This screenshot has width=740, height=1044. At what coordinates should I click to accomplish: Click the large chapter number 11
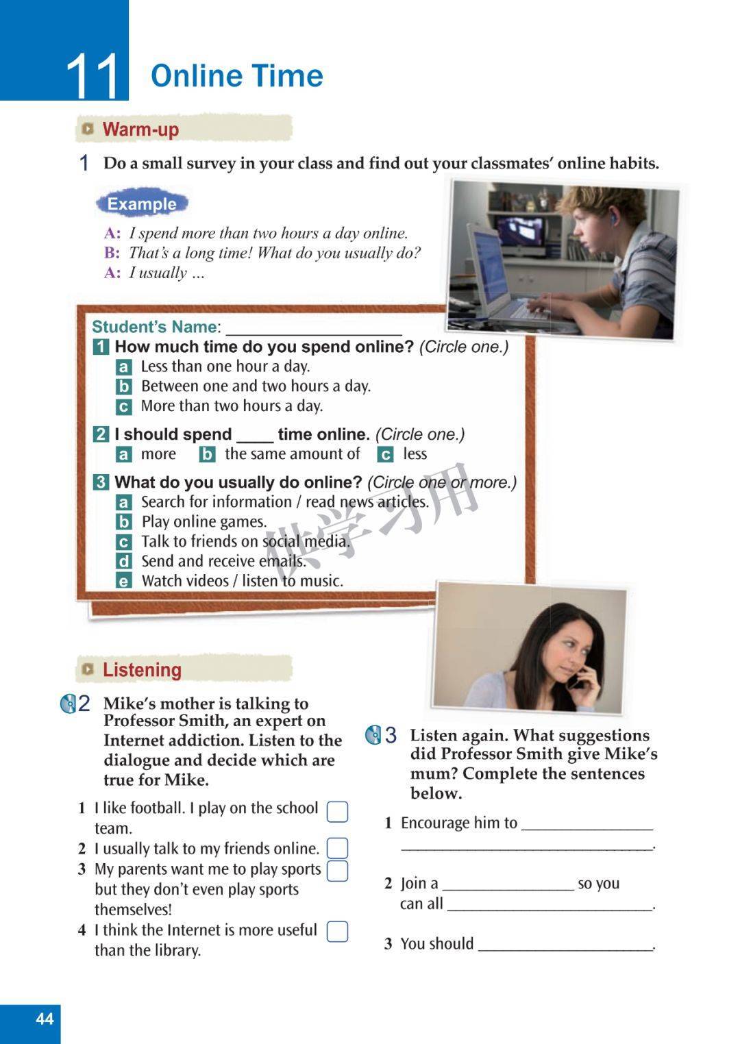pyautogui.click(x=92, y=75)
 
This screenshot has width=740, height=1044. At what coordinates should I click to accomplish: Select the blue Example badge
pyautogui.click(x=142, y=203)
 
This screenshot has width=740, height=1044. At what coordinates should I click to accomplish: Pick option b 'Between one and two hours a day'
pyautogui.click(x=256, y=386)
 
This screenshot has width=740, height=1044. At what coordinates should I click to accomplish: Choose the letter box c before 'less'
pyautogui.click(x=385, y=454)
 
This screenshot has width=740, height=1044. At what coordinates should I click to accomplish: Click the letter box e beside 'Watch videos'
pyautogui.click(x=123, y=581)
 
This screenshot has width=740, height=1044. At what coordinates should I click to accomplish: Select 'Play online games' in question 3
pyautogui.click(x=204, y=521)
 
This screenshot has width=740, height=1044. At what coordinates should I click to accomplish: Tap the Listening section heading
pyautogui.click(x=142, y=670)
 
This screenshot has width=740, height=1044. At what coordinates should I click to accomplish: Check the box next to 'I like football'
pyautogui.click(x=337, y=812)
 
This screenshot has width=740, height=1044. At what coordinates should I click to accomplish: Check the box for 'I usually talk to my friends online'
pyautogui.click(x=337, y=848)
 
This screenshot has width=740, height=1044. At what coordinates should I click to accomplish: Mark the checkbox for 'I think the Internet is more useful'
pyautogui.click(x=337, y=931)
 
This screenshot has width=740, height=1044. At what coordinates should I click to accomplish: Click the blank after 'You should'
pyautogui.click(x=565, y=949)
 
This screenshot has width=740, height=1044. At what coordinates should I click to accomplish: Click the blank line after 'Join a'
pyautogui.click(x=508, y=890)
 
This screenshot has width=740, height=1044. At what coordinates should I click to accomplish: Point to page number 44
pyautogui.click(x=45, y=1019)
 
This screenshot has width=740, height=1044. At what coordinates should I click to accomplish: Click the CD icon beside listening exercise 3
pyautogui.click(x=373, y=735)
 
